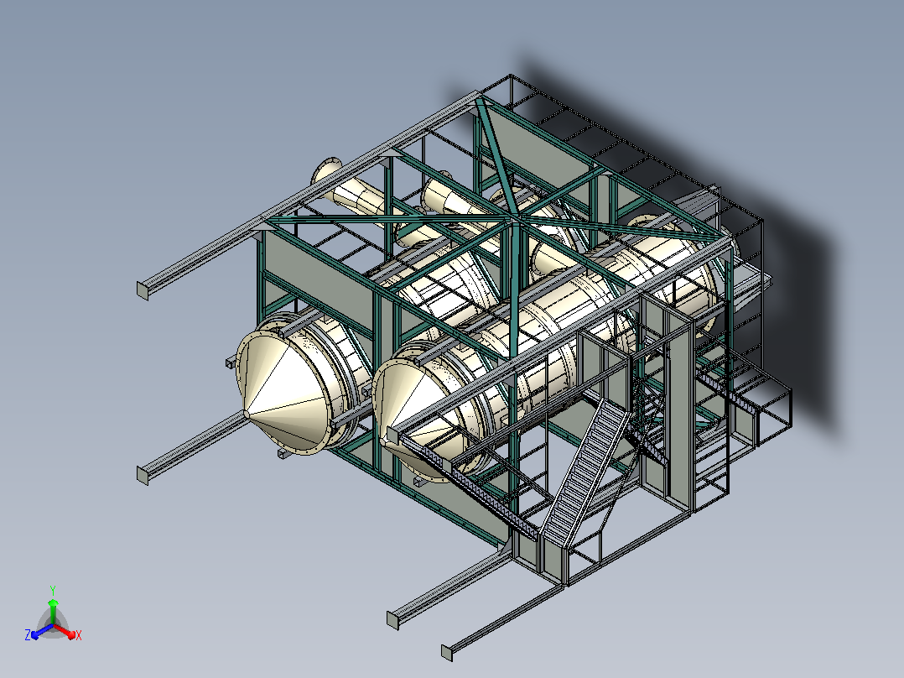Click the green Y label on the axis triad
click(53, 590)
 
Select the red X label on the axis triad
click(79, 635)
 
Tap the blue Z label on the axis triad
click(28, 635)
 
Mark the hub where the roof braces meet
click(512, 220)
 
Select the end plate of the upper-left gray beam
click(143, 291)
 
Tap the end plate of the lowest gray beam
click(447, 653)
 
